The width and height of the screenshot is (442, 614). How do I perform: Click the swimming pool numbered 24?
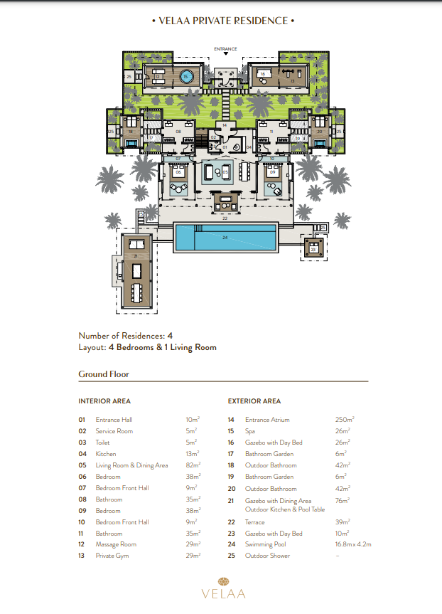225,238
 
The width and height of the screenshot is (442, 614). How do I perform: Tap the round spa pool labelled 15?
185,76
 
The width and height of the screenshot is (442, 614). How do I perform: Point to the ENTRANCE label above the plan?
225,48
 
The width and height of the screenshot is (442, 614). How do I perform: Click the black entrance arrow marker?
225,54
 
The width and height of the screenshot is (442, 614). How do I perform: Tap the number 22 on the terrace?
225,218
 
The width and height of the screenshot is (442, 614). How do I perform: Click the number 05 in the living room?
225,172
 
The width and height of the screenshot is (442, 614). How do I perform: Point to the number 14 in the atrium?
225,125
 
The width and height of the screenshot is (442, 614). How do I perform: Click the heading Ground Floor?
103,374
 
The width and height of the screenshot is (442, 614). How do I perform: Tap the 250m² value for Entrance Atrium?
345,420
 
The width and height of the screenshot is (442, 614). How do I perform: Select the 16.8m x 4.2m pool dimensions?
353,544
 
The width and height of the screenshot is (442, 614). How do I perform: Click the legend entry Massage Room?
116,544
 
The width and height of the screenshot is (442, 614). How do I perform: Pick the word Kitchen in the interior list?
106,454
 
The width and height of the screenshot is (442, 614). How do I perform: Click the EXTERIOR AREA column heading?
254,401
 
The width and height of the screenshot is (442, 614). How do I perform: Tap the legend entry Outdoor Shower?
268,556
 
